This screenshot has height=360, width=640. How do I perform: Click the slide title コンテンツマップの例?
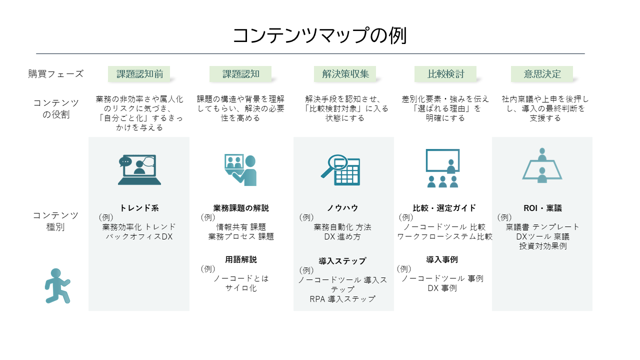[x=320, y=35]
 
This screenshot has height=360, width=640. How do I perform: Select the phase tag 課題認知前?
[x=139, y=74]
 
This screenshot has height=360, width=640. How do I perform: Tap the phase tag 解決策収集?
[x=345, y=74]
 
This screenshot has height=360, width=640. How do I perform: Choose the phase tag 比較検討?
[x=445, y=74]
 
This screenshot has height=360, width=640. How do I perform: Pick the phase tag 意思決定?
[x=542, y=74]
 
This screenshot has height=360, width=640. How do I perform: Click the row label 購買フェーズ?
[x=56, y=74]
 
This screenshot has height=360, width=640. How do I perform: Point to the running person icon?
[x=57, y=285]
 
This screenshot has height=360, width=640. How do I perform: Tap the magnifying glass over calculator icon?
[x=340, y=170]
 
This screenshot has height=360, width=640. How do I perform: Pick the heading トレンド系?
[x=139, y=208]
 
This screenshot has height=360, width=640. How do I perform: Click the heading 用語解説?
[x=240, y=259]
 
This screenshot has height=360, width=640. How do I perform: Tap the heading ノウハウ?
[x=342, y=208]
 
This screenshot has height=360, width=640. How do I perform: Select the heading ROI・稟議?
[x=542, y=208]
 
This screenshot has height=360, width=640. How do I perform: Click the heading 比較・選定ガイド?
[x=444, y=208]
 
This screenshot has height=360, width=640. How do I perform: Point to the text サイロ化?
[x=241, y=288]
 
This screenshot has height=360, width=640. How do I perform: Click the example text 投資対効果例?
[x=542, y=246]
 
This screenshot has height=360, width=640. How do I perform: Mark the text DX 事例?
[x=442, y=288]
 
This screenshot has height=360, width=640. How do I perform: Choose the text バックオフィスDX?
[x=139, y=236]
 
